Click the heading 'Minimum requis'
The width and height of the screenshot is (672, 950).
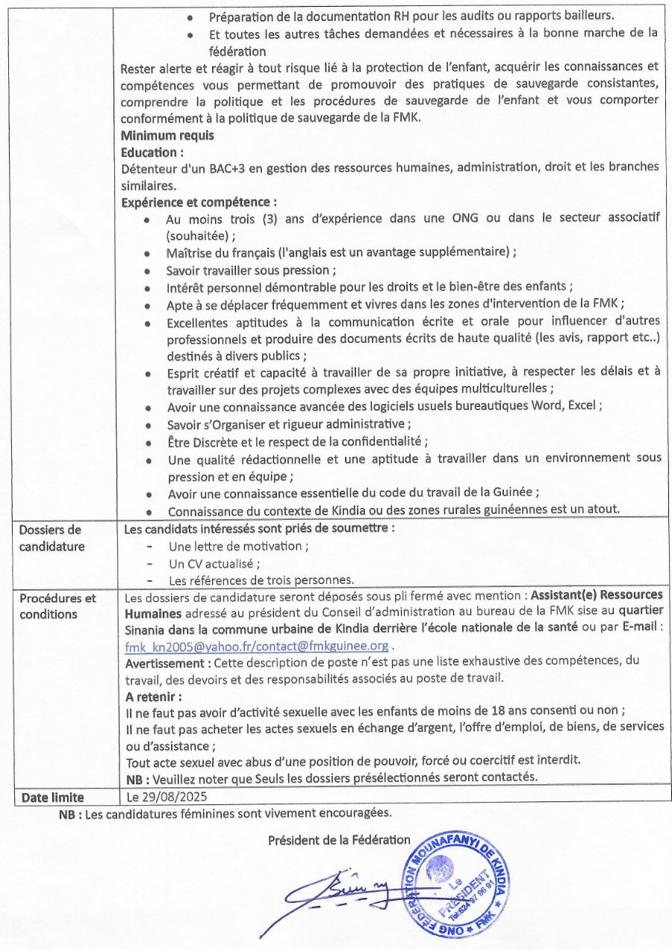pos(167,135)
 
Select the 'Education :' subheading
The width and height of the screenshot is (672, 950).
pos(152,152)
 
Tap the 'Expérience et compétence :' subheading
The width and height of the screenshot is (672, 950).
pos(199,202)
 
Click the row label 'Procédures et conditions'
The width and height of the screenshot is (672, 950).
pos(57,606)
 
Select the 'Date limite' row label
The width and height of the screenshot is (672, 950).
pos(52,797)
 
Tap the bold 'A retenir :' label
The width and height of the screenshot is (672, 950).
pos(153,695)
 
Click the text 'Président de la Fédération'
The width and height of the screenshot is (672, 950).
pos(339,839)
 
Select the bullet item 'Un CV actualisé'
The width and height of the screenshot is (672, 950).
pos(214,563)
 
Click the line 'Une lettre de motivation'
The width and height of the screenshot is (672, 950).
pos(238,546)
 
